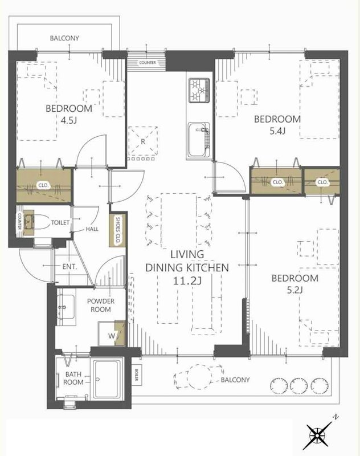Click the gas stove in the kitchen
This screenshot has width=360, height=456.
coord(199,90)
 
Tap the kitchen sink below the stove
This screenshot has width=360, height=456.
coord(199,140)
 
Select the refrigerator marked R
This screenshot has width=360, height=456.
coord(143,141)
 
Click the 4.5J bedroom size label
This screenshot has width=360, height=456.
coord(69,120)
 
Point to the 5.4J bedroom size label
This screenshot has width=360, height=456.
coord(277,131)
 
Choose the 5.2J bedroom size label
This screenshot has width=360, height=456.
coord(295,290)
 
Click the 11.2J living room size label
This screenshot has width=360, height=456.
coord(187,280)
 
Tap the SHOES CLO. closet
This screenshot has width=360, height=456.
coord(118,230)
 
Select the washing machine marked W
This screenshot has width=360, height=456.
coord(112,333)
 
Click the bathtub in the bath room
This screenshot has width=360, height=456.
coord(107,380)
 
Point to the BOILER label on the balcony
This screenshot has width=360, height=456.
coord(137,375)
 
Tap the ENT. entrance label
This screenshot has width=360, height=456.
coord(69,267)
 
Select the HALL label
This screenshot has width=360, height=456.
coord(92,229)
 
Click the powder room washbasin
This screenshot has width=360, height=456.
coord(66,307)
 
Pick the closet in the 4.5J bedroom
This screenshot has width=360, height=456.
coord(44,186)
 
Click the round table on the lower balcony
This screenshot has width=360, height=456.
coord(199,377)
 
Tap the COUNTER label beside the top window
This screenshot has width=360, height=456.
coord(148,63)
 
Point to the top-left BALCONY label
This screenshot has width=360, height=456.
coord(64,38)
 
